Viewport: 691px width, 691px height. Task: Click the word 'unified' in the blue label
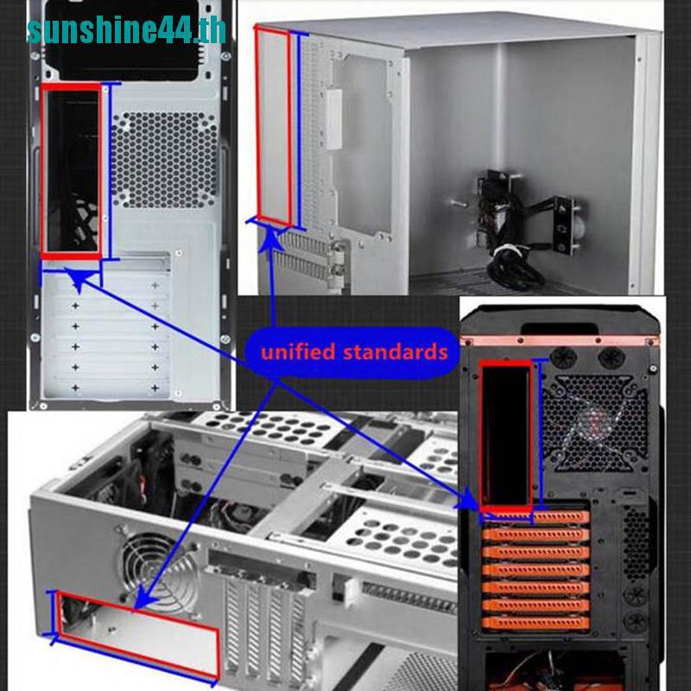tap(297, 352)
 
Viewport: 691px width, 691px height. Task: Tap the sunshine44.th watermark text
tap(126, 30)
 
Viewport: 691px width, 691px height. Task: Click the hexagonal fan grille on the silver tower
tap(164, 160)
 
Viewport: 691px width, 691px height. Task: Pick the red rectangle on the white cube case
tap(256, 125)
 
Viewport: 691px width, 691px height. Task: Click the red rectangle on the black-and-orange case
tap(480, 436)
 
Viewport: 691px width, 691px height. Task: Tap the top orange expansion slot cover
tap(536, 517)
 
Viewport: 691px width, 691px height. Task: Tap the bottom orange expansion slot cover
tap(536, 623)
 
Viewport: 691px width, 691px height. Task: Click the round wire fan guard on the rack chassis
tap(160, 574)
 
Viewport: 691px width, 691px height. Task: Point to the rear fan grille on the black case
tap(594, 422)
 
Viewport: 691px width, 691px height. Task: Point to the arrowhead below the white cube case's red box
tap(269, 241)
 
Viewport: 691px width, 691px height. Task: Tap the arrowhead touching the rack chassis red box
tap(144, 600)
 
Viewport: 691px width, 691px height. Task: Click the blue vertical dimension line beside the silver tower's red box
tap(110, 171)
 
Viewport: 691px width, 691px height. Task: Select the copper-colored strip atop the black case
tap(560, 340)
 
